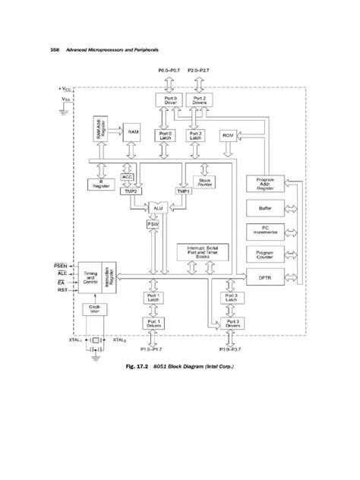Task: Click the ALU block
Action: tap(156, 207)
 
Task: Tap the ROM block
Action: tap(227, 135)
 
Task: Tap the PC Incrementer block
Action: tap(264, 230)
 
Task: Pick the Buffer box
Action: tap(264, 207)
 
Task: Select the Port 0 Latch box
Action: tap(165, 135)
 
